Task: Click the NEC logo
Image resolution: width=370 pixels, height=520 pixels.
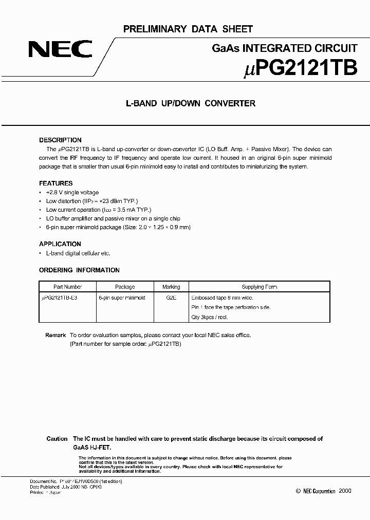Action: click(60, 49)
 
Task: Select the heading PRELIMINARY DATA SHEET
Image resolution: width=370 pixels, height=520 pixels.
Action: click(188, 29)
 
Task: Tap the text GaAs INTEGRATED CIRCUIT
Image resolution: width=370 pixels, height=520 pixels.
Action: click(285, 49)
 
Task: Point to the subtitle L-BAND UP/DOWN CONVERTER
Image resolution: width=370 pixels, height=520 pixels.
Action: click(191, 103)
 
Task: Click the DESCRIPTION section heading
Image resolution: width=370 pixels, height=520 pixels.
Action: click(60, 140)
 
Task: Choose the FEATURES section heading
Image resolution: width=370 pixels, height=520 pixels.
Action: click(56, 183)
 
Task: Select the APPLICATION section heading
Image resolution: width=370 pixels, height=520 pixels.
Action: click(60, 244)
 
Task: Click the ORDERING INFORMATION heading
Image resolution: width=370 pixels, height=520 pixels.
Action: click(79, 270)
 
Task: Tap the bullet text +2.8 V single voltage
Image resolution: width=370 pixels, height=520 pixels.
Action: click(73, 192)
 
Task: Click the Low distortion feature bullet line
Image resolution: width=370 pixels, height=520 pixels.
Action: click(92, 201)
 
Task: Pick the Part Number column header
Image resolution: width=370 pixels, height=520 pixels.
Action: click(68, 287)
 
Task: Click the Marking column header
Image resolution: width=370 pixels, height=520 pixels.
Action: click(171, 287)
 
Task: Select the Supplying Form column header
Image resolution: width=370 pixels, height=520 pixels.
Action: click(260, 287)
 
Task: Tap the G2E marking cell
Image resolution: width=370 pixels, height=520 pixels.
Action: click(171, 298)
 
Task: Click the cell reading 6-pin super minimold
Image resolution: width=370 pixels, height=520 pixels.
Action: click(122, 298)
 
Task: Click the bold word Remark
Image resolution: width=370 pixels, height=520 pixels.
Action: click(55, 335)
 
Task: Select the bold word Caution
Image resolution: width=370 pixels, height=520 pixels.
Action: click(57, 439)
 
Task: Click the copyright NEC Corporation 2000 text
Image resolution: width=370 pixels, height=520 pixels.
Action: click(324, 491)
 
